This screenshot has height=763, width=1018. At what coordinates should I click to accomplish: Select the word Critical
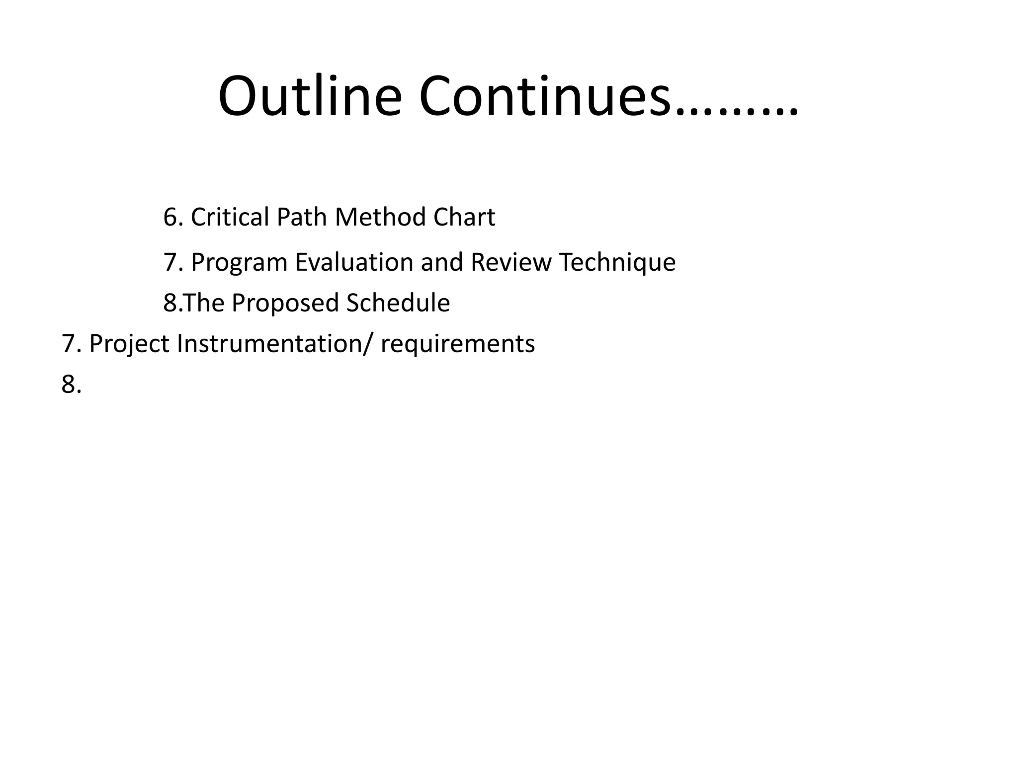click(x=230, y=217)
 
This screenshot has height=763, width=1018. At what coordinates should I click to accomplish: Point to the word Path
click(x=301, y=217)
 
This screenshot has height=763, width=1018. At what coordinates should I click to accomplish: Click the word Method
click(x=380, y=217)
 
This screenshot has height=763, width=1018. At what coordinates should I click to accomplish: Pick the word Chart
click(x=464, y=217)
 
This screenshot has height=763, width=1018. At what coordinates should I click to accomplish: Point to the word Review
click(x=510, y=262)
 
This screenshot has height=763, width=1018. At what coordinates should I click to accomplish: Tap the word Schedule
click(x=398, y=303)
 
